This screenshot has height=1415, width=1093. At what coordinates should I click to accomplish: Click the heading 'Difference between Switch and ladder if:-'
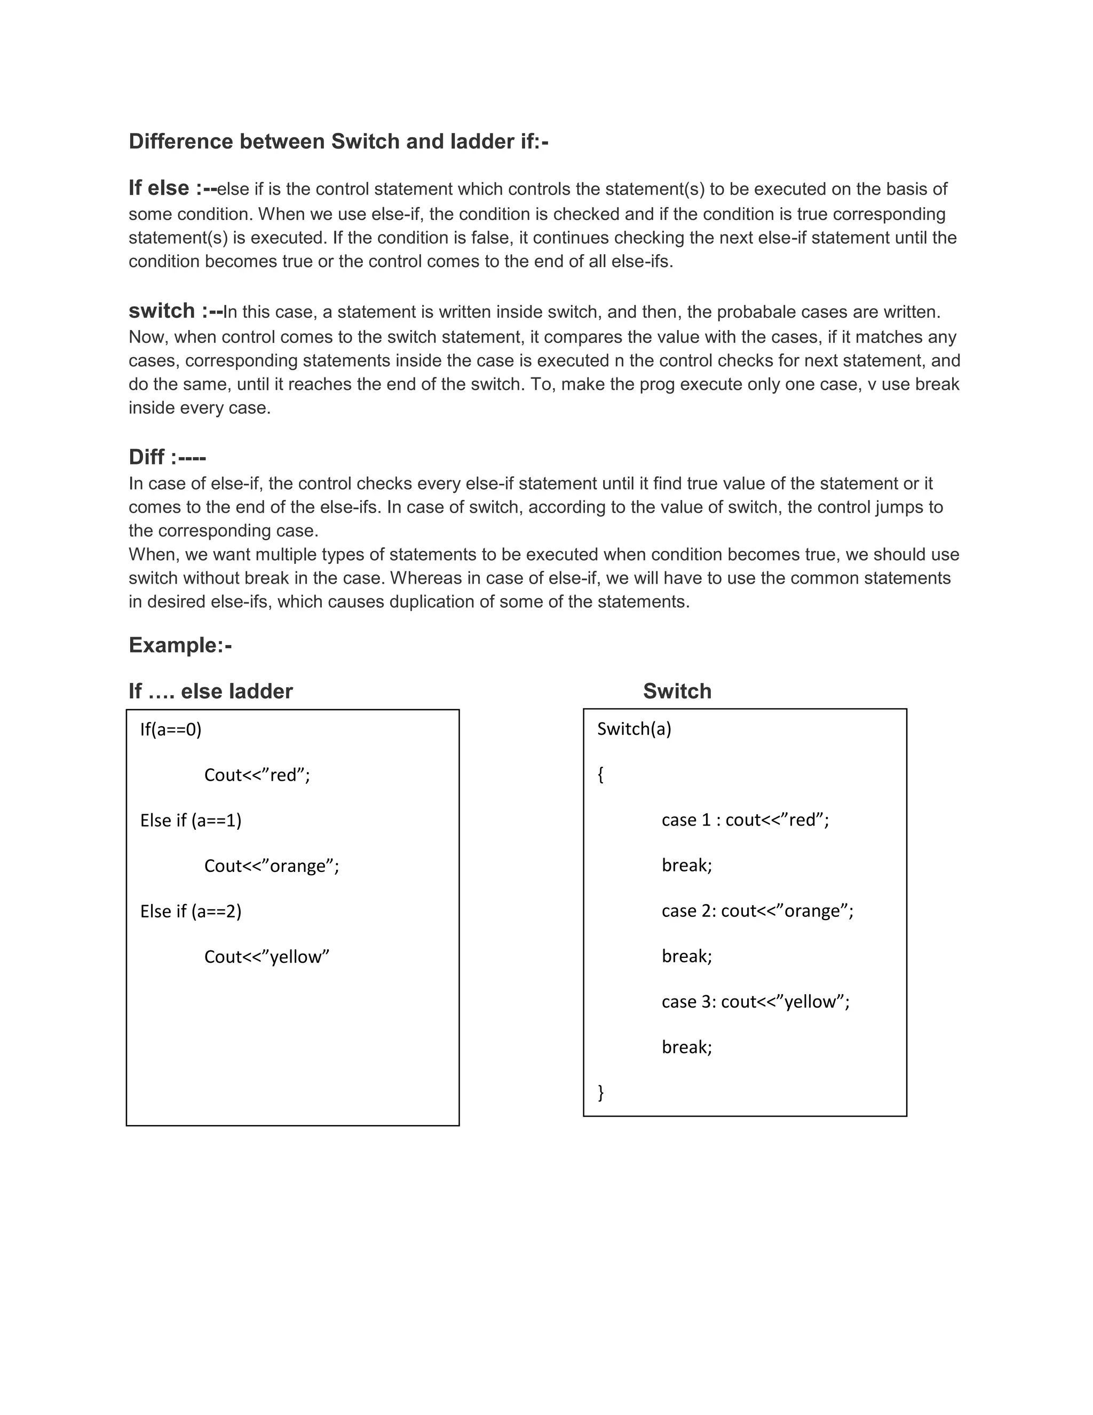point(338,141)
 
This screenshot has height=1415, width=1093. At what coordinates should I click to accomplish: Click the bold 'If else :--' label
point(172,188)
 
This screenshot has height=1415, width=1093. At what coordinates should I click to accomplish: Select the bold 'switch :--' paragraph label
point(176,311)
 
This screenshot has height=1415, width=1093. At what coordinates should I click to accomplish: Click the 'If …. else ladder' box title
point(210,691)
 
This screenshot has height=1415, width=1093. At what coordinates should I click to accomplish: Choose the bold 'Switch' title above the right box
point(677,691)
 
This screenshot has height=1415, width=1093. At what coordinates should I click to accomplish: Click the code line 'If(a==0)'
point(171,730)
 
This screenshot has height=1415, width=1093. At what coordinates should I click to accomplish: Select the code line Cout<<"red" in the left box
point(257,775)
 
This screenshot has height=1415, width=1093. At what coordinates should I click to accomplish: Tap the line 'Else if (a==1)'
point(191,821)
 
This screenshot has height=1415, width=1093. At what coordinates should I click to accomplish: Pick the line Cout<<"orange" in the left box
point(271,866)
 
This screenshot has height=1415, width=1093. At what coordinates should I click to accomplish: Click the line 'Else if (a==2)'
point(191,911)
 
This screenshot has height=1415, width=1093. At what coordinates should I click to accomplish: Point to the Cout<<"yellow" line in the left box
point(267,957)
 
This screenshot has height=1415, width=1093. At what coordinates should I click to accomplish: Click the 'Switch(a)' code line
point(634,729)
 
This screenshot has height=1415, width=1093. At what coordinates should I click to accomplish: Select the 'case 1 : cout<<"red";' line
point(744,820)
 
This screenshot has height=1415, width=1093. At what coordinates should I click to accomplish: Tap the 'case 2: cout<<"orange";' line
point(757,911)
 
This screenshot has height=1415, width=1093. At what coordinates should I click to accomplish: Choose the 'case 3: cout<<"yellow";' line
point(755,1002)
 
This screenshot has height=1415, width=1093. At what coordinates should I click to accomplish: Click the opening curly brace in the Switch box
point(601,774)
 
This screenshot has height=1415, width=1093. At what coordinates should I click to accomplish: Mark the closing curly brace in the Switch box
point(601,1092)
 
